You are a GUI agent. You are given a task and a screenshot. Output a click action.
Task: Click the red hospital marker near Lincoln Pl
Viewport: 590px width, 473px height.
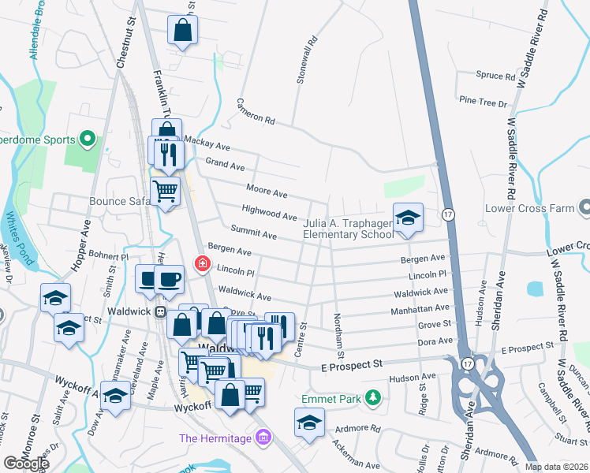pos(202,263)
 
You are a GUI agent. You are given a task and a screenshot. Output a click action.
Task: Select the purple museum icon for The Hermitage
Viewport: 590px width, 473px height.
pos(264,438)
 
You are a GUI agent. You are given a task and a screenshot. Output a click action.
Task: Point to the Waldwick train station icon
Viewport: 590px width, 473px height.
pos(160,311)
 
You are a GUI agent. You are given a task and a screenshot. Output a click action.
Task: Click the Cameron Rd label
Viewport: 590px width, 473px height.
pos(256,112)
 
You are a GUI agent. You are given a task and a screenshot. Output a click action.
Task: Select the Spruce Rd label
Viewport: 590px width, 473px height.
pos(495,76)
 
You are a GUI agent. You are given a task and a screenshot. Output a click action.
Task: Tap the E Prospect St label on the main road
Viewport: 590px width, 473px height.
pos(351,364)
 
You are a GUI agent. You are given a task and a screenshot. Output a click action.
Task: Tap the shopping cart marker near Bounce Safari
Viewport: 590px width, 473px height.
pos(165,191)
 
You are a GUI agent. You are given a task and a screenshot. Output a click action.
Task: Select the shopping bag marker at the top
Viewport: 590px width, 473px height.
pos(182,32)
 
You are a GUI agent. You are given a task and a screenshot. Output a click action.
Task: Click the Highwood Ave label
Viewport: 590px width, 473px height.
pos(269,212)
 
